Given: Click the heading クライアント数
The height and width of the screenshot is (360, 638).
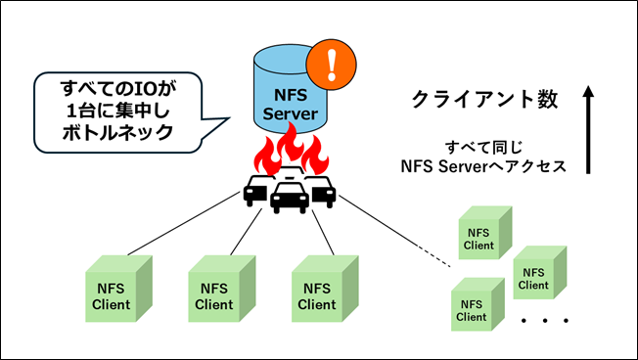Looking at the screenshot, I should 484,99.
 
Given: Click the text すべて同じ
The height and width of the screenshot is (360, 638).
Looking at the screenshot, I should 484,147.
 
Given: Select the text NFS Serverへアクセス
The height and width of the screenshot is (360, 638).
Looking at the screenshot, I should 484,166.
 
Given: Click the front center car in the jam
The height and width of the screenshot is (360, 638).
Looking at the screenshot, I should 290,197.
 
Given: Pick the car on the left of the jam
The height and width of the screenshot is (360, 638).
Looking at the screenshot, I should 257,189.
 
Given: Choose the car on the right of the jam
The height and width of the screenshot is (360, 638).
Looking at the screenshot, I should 321,189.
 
